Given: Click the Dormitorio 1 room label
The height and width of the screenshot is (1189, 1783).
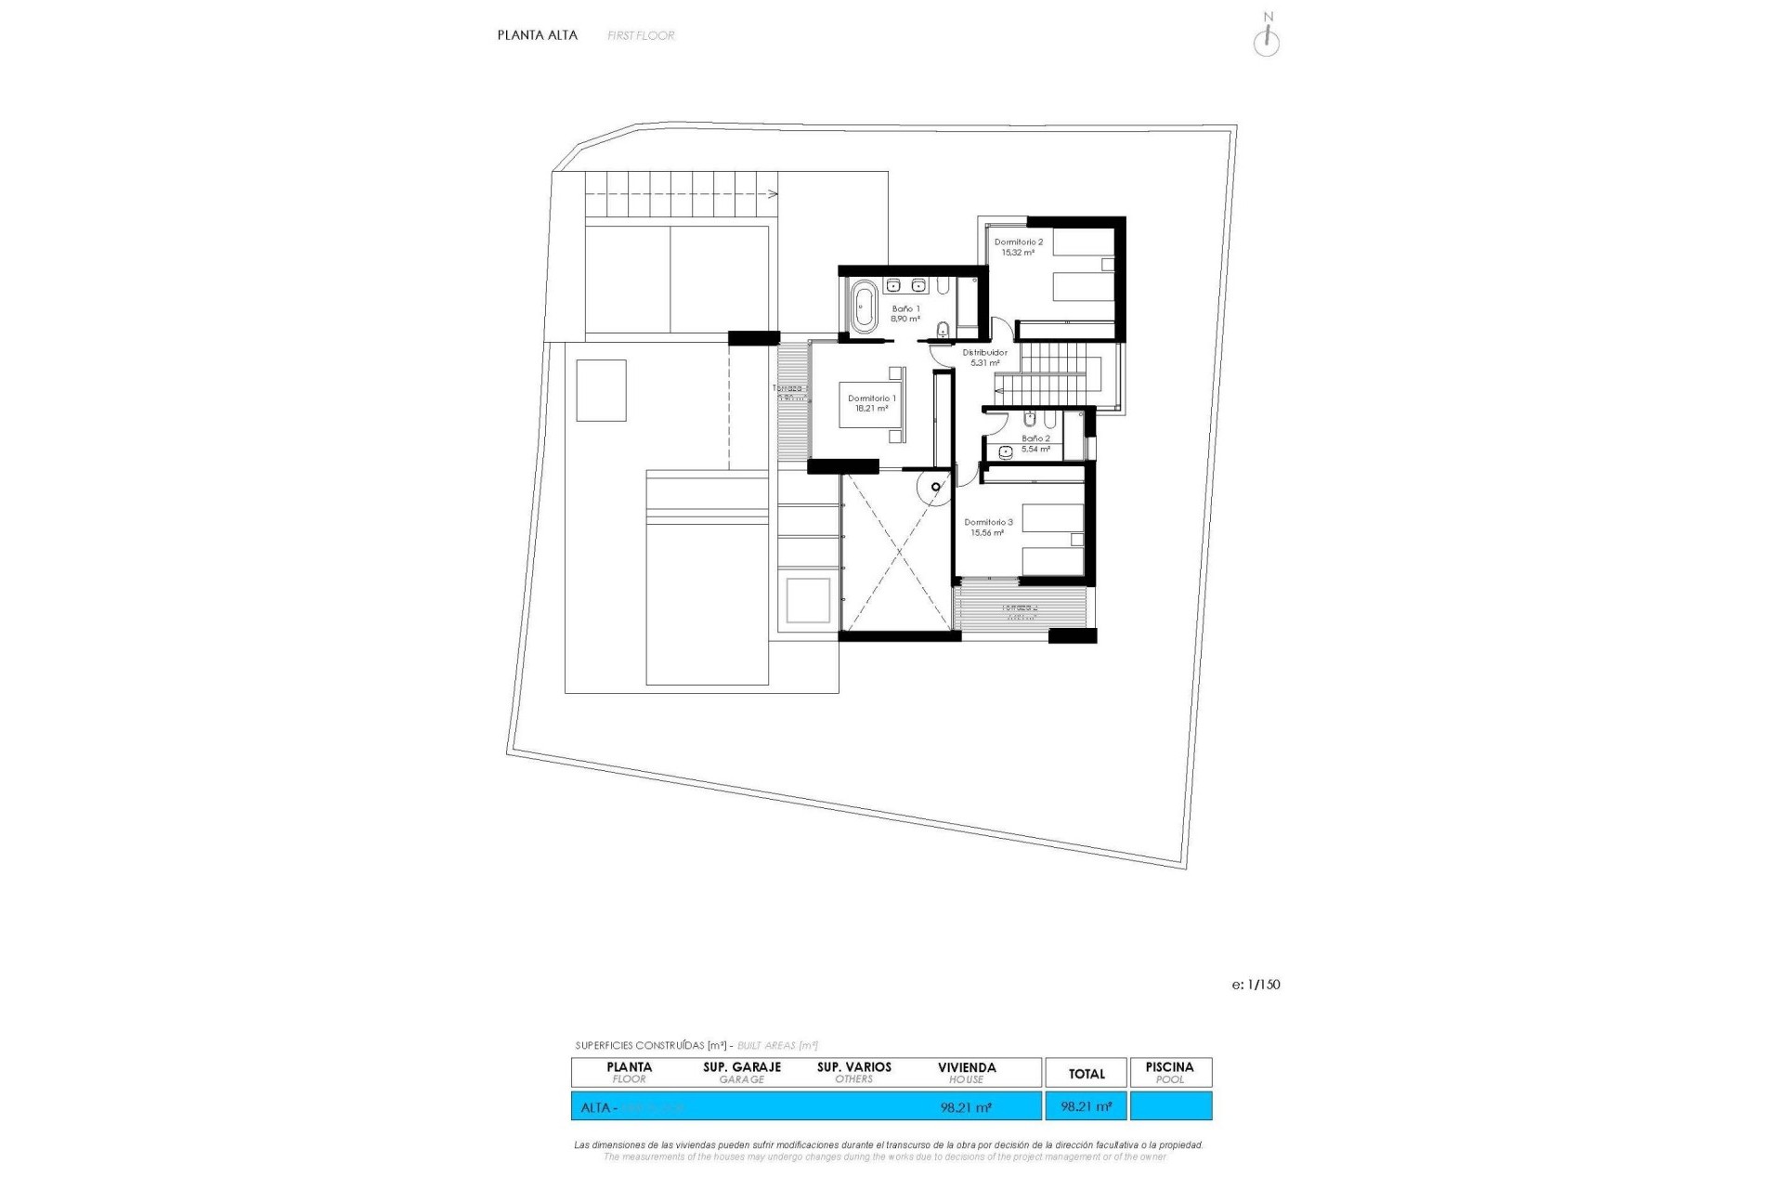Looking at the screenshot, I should coord(871,399).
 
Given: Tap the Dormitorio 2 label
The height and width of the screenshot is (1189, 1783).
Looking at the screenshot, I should coord(1018,242).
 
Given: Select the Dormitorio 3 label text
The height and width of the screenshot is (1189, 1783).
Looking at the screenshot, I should coord(988,523).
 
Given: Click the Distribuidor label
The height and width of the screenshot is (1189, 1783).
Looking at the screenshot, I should coord(984,353).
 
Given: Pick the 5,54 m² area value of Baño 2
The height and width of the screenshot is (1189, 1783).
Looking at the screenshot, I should coord(1035,450).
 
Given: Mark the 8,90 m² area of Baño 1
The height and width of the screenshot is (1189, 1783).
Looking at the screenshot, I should coord(905,319).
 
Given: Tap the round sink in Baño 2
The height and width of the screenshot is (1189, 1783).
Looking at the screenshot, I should coord(1006,452).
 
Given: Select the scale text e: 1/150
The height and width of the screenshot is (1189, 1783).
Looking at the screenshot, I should coord(1256,985).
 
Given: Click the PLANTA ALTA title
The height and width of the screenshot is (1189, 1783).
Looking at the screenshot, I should coord(537,35).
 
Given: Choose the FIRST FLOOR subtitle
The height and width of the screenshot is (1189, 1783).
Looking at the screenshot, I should coord(641,36).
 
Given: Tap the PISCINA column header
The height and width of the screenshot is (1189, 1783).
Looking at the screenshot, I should coord(1169,1067).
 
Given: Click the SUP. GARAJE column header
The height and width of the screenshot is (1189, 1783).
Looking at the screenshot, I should coord(742,1067).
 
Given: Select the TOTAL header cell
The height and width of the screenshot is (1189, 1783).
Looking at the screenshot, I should coord(1087,1074).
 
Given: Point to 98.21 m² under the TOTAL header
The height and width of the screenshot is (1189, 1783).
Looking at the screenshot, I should coord(1087,1107).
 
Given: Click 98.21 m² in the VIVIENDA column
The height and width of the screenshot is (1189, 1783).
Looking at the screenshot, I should coord(966,1107).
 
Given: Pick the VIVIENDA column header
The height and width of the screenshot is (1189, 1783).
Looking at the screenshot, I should coord(967,1067).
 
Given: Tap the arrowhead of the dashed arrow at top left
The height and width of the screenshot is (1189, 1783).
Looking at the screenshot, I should coord(774,194).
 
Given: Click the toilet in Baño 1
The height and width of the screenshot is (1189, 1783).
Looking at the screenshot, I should coord(944,329).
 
